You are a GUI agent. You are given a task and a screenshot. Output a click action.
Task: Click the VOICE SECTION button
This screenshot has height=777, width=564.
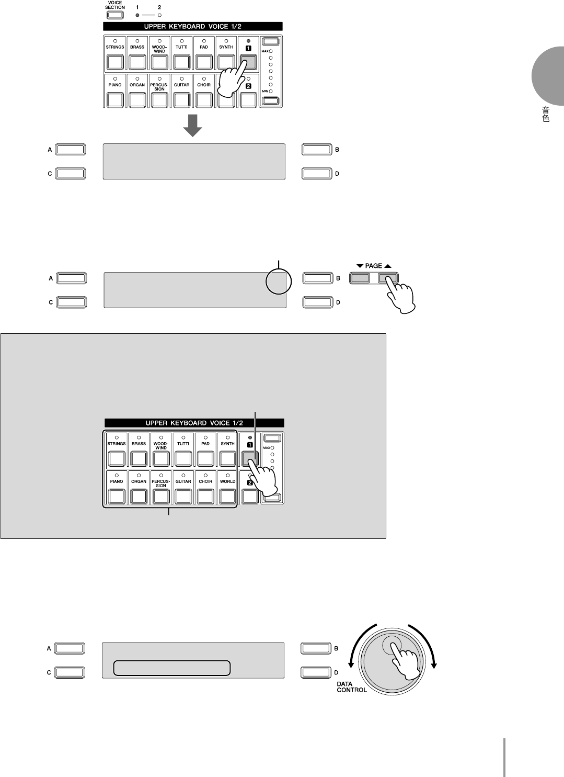click(114, 15)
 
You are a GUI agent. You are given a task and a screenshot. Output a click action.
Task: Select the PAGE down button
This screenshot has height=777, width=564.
click(359, 278)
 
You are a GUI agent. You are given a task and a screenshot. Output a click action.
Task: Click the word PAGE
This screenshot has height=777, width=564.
click(373, 266)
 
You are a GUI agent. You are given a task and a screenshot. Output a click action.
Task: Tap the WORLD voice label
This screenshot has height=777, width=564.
click(228, 481)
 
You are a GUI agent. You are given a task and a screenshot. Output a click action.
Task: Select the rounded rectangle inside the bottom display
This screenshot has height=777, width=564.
click(172, 668)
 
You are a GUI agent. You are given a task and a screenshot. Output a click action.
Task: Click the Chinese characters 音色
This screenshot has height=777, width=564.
click(545, 115)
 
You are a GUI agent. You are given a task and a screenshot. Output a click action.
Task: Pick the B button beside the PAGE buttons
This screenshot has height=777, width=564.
click(317, 278)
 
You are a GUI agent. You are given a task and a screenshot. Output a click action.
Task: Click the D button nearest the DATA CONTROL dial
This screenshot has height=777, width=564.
click(316, 672)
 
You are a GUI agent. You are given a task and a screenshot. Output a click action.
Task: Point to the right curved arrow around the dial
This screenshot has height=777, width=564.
click(428, 646)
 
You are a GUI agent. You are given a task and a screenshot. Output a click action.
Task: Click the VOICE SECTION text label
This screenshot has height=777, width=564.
click(114, 5)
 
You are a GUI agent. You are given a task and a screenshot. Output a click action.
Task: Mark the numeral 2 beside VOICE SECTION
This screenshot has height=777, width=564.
click(159, 8)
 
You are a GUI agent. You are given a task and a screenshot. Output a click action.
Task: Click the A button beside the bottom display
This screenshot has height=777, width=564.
click(70, 648)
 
